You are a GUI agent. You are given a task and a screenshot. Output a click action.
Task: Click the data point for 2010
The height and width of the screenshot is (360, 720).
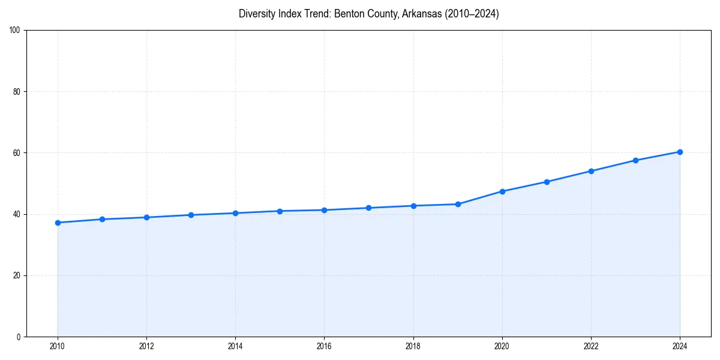click(x=58, y=223)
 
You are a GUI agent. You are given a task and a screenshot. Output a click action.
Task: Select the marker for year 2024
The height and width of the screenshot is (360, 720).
click(x=680, y=152)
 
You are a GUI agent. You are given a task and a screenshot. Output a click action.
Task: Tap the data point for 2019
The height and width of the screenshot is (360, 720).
click(x=458, y=204)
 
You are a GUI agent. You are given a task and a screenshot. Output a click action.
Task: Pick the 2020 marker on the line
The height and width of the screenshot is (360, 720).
click(x=502, y=191)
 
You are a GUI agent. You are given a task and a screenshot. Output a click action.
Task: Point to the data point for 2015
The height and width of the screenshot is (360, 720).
click(x=280, y=211)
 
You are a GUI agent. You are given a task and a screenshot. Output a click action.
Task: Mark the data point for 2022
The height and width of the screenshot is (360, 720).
click(x=591, y=171)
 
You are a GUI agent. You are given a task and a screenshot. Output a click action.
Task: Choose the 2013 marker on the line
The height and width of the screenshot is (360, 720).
click(x=191, y=215)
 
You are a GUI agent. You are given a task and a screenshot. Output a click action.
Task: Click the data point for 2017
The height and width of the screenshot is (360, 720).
click(x=369, y=208)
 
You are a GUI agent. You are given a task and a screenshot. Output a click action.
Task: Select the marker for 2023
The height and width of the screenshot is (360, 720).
click(x=635, y=160)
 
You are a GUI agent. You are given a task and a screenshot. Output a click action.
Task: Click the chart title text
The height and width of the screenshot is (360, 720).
click(x=368, y=14)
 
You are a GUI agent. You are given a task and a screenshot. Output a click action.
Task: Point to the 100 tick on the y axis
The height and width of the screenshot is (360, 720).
click(x=15, y=30)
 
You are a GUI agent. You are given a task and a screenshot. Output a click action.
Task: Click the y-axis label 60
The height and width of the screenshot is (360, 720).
click(x=17, y=153)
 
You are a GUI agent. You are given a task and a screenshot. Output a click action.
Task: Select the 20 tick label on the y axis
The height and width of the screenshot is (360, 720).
click(x=17, y=275)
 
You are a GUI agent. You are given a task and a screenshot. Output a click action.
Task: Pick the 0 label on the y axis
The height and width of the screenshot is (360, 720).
click(x=19, y=337)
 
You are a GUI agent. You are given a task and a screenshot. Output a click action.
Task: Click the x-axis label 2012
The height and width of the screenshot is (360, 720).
click(x=146, y=346)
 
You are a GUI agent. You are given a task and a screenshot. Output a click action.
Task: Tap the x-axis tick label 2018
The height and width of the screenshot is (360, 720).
click(x=413, y=346)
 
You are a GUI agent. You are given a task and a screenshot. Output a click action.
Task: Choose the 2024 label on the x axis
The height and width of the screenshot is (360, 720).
click(x=680, y=346)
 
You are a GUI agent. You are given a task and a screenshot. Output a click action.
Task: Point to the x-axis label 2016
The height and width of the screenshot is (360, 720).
click(x=325, y=346)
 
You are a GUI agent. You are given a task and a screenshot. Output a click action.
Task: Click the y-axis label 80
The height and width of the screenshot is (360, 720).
click(x=17, y=92)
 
